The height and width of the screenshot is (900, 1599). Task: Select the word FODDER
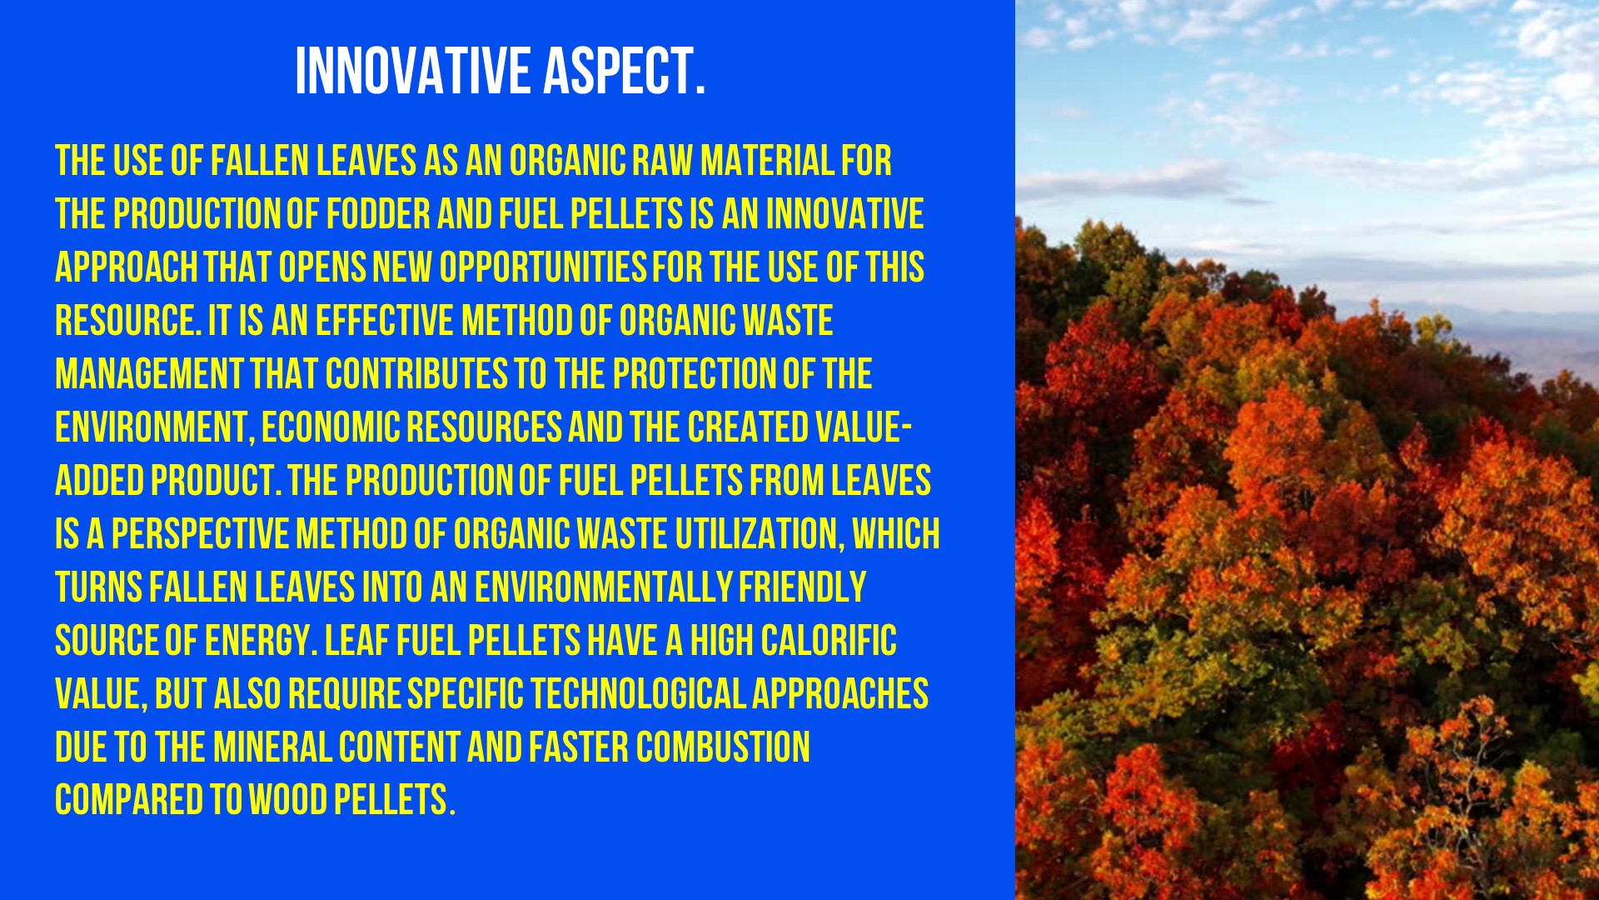(378, 214)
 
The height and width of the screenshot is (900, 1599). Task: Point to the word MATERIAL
(767, 161)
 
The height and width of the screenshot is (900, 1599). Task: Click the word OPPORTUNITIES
(543, 267)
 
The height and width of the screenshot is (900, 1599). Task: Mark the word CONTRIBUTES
(416, 374)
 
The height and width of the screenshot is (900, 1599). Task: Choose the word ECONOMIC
(331, 427)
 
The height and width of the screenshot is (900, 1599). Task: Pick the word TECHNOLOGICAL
(638, 694)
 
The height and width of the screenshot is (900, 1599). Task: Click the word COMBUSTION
(723, 747)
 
